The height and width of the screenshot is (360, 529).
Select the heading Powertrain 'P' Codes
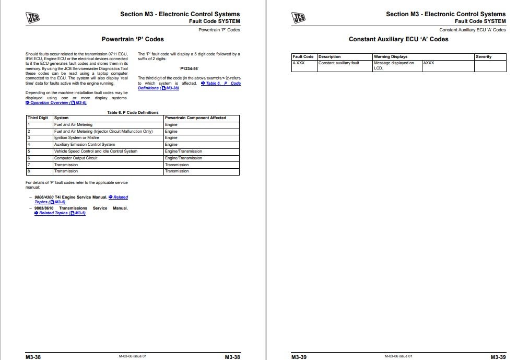click(132, 39)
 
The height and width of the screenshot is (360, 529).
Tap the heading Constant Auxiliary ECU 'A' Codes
click(398, 39)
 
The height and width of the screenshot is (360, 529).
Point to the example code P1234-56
click(189, 68)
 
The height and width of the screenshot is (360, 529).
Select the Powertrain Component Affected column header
click(195, 118)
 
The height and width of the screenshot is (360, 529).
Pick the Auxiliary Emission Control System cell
click(85, 145)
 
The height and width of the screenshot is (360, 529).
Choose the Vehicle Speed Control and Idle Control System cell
click(96, 152)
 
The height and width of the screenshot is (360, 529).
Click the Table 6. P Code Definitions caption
click(133, 112)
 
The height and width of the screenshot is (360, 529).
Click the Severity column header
click(484, 57)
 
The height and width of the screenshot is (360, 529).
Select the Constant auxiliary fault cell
click(338, 63)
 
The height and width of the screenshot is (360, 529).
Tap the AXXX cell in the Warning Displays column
click(429, 63)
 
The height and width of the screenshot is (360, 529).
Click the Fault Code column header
click(303, 57)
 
